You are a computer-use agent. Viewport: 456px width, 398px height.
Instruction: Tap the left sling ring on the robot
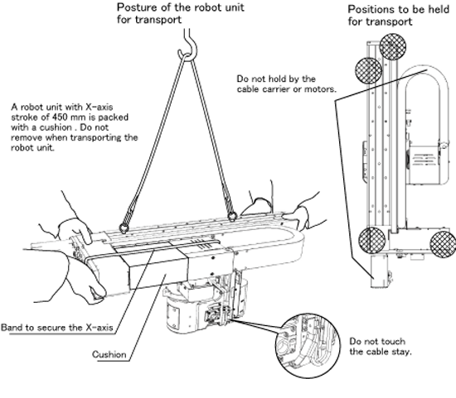pyautogui.click(x=124, y=228)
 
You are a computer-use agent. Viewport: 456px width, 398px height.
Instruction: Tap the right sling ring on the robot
pyautogui.click(x=232, y=217)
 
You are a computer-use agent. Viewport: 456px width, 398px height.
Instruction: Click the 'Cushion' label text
pyautogui.click(x=109, y=354)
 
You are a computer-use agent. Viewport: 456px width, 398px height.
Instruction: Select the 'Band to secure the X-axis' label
pyautogui.click(x=57, y=328)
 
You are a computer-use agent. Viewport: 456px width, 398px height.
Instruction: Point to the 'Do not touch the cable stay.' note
pyautogui.click(x=381, y=347)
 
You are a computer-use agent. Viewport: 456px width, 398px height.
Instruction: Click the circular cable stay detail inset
pyautogui.click(x=308, y=345)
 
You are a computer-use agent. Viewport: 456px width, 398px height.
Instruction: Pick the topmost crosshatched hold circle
pyautogui.click(x=393, y=46)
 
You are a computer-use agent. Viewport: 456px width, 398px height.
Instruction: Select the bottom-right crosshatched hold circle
pyautogui.click(x=443, y=244)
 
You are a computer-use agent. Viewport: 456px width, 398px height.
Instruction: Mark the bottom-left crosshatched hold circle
pyautogui.click(x=372, y=241)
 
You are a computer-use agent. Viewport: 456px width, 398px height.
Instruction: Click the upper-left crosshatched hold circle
pyautogui.click(x=368, y=70)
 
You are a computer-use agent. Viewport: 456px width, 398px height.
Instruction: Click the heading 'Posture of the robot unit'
pyautogui.click(x=180, y=7)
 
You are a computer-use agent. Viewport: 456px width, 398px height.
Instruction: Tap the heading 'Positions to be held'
pyautogui.click(x=399, y=9)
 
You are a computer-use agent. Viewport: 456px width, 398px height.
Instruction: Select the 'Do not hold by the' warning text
pyautogui.click(x=276, y=79)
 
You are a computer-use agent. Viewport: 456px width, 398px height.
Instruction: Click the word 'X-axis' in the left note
pyautogui.click(x=99, y=107)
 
